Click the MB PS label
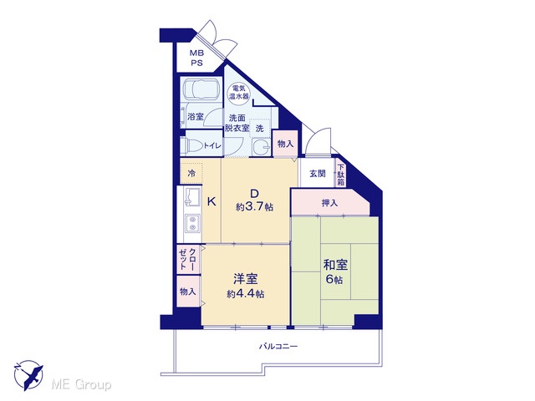pos(196,58)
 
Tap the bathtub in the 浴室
pos(201,89)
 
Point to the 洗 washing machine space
pos(260,128)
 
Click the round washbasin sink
pos(262,147)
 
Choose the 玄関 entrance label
pos(318,174)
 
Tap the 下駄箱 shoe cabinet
pos(341,175)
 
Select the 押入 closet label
pos(329,203)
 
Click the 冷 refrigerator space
pos(191,173)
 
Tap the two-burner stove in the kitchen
pos(192,223)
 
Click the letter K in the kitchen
pos(211,202)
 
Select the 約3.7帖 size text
pos(254,207)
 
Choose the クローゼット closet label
pos(187,259)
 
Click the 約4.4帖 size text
pos(246,293)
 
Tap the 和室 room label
pos(335,265)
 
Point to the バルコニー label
pos(278,347)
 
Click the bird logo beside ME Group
pos(28,375)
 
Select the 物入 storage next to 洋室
pos(188,292)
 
